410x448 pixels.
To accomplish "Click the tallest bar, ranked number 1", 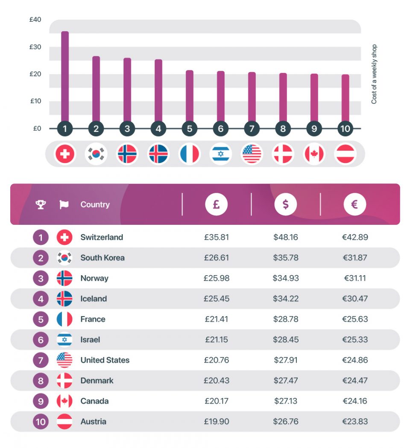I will coord(65,77).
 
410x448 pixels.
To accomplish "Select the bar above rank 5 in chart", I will coord(190,96).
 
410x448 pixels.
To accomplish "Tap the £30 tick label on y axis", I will coord(35,47).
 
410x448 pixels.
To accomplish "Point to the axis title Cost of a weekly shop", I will coord(374,74).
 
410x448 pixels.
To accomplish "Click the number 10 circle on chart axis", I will coord(345,128).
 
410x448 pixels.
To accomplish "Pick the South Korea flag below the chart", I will coord(96,154).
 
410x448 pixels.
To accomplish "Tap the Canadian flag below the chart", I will coord(314,154).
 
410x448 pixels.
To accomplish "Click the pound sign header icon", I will coord(217,204).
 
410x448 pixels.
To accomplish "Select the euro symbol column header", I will coord(354,204).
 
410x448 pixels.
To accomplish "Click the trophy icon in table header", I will coord(41,205).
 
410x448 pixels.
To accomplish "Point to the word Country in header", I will coord(95,205).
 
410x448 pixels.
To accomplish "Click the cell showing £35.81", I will coord(217,237).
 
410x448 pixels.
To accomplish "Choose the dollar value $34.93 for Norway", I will coord(286,278).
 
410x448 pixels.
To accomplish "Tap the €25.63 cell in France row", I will coord(354,319).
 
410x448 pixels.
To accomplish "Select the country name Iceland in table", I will coord(94,299).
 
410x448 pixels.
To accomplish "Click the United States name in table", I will coord(105,360).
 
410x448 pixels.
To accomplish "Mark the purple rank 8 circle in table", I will coord(41,381).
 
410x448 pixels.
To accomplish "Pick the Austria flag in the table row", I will coord(64,422).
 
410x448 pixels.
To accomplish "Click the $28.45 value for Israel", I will coord(286,340).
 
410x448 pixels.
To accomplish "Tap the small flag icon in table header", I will coord(64,205).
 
